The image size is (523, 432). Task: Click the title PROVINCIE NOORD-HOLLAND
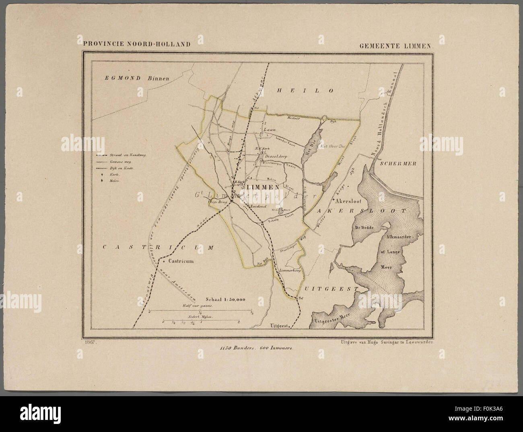[136, 44]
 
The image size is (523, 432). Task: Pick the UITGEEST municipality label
[331, 289]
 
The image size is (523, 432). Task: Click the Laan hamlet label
[270, 130]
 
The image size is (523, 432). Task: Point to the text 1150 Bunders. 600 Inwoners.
[254, 347]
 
